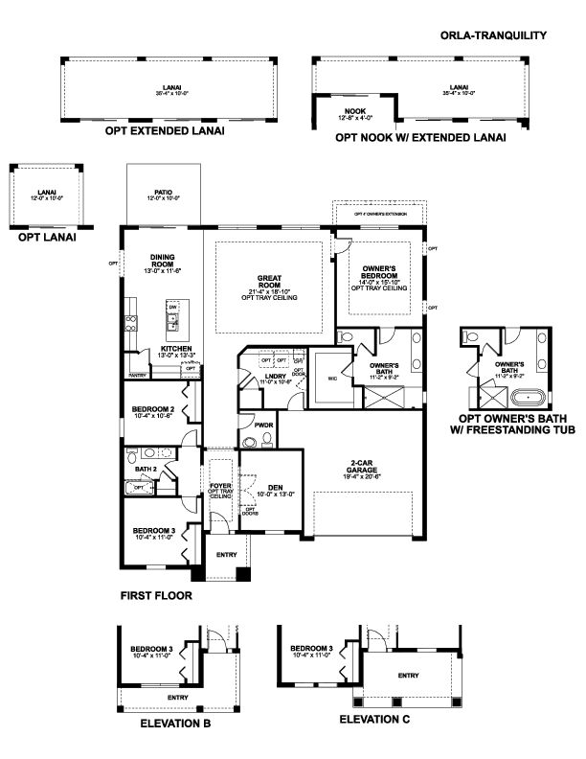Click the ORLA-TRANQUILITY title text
pos(494,35)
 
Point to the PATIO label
pos(162,191)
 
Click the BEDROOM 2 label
pos(153,410)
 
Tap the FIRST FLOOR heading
pos(156,595)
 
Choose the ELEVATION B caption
pos(175,724)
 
